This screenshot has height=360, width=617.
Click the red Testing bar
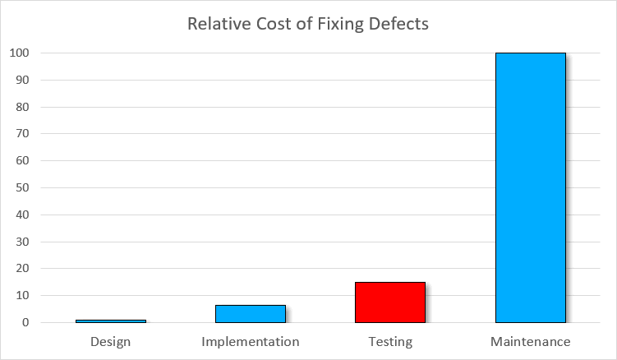tap(390, 302)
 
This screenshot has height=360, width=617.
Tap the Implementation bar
tap(251, 313)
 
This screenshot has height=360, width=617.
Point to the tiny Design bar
tap(111, 321)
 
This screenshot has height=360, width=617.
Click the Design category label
tap(111, 341)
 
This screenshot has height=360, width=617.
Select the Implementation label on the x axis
tap(251, 341)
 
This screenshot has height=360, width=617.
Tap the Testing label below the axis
tap(390, 341)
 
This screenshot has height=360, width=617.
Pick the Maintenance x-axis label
tap(530, 341)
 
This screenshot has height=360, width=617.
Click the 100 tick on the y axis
tap(20, 53)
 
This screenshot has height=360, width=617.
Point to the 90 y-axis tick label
tap(23, 81)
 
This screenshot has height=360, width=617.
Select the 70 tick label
tap(23, 134)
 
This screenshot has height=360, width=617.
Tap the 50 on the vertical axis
tap(23, 188)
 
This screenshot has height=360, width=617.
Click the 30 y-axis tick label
tap(23, 242)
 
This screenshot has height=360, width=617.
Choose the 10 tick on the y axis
tap(23, 296)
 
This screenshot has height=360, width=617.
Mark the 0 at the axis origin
tap(26, 323)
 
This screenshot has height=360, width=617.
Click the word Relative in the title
tap(216, 23)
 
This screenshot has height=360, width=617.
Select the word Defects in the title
tap(398, 23)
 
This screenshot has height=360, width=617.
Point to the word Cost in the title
tap(269, 23)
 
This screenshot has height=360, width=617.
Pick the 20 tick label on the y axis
tap(23, 269)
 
